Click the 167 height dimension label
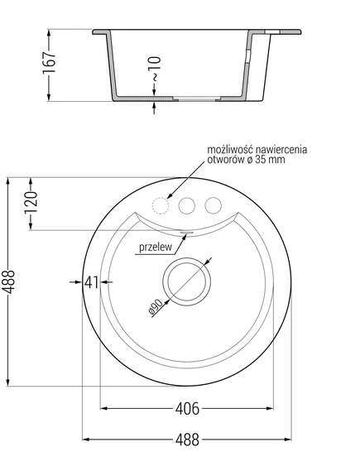[x=49, y=62]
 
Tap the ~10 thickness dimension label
[x=155, y=69]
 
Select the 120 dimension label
[x=31, y=201]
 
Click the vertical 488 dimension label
[x=8, y=281]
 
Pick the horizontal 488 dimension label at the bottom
[x=187, y=440]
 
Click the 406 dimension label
[x=187, y=409]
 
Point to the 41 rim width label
[x=91, y=282]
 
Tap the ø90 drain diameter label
[x=156, y=307]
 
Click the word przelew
[x=156, y=247]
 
